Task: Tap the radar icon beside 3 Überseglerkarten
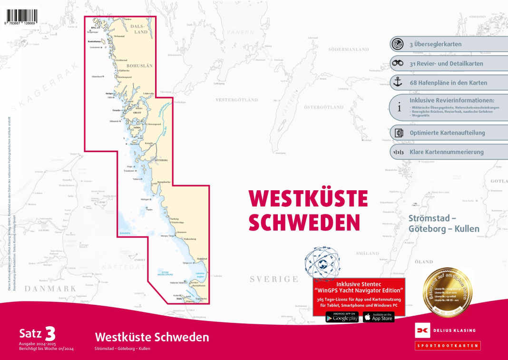coord(398,44)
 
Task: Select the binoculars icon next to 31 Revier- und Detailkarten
coord(398,63)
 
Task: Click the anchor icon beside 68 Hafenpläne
coord(398,82)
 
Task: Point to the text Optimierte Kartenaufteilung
coord(447,133)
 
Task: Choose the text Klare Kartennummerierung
coord(446,152)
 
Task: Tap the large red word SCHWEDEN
coord(304,222)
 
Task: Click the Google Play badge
coord(342,317)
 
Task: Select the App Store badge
coord(378,317)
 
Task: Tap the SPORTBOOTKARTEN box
coord(447,346)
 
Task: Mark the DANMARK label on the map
coord(50,288)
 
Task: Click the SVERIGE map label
coord(274,279)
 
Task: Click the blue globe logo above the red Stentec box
coord(326,263)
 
